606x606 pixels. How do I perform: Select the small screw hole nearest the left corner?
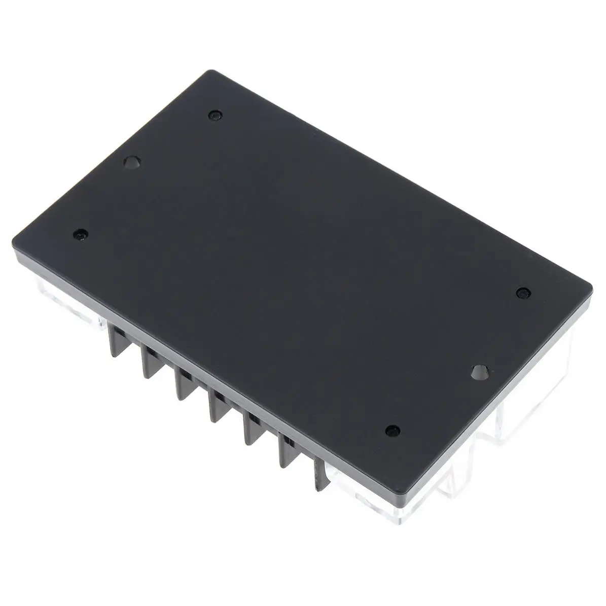pyautogui.click(x=79, y=235)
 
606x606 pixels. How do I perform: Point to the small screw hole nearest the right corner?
pyautogui.click(x=522, y=293)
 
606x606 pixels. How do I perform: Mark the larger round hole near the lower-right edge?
pyautogui.click(x=478, y=372)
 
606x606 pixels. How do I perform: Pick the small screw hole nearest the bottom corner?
pyautogui.click(x=390, y=431)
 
